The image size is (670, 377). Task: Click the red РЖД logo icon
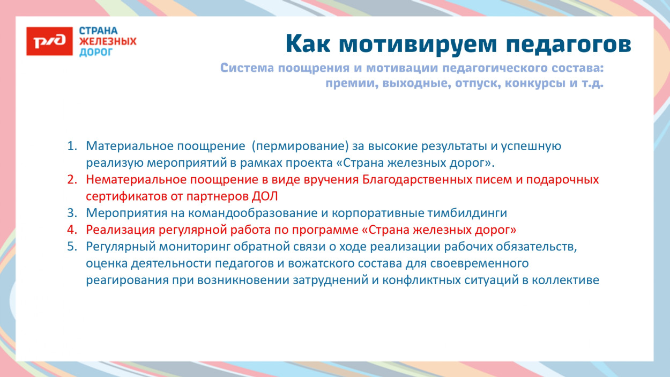tap(49, 41)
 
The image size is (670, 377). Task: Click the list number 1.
tap(72, 146)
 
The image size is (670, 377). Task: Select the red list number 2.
tap(72, 179)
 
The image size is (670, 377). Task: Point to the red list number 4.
tap(72, 230)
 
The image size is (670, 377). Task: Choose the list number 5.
tap(72, 246)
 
